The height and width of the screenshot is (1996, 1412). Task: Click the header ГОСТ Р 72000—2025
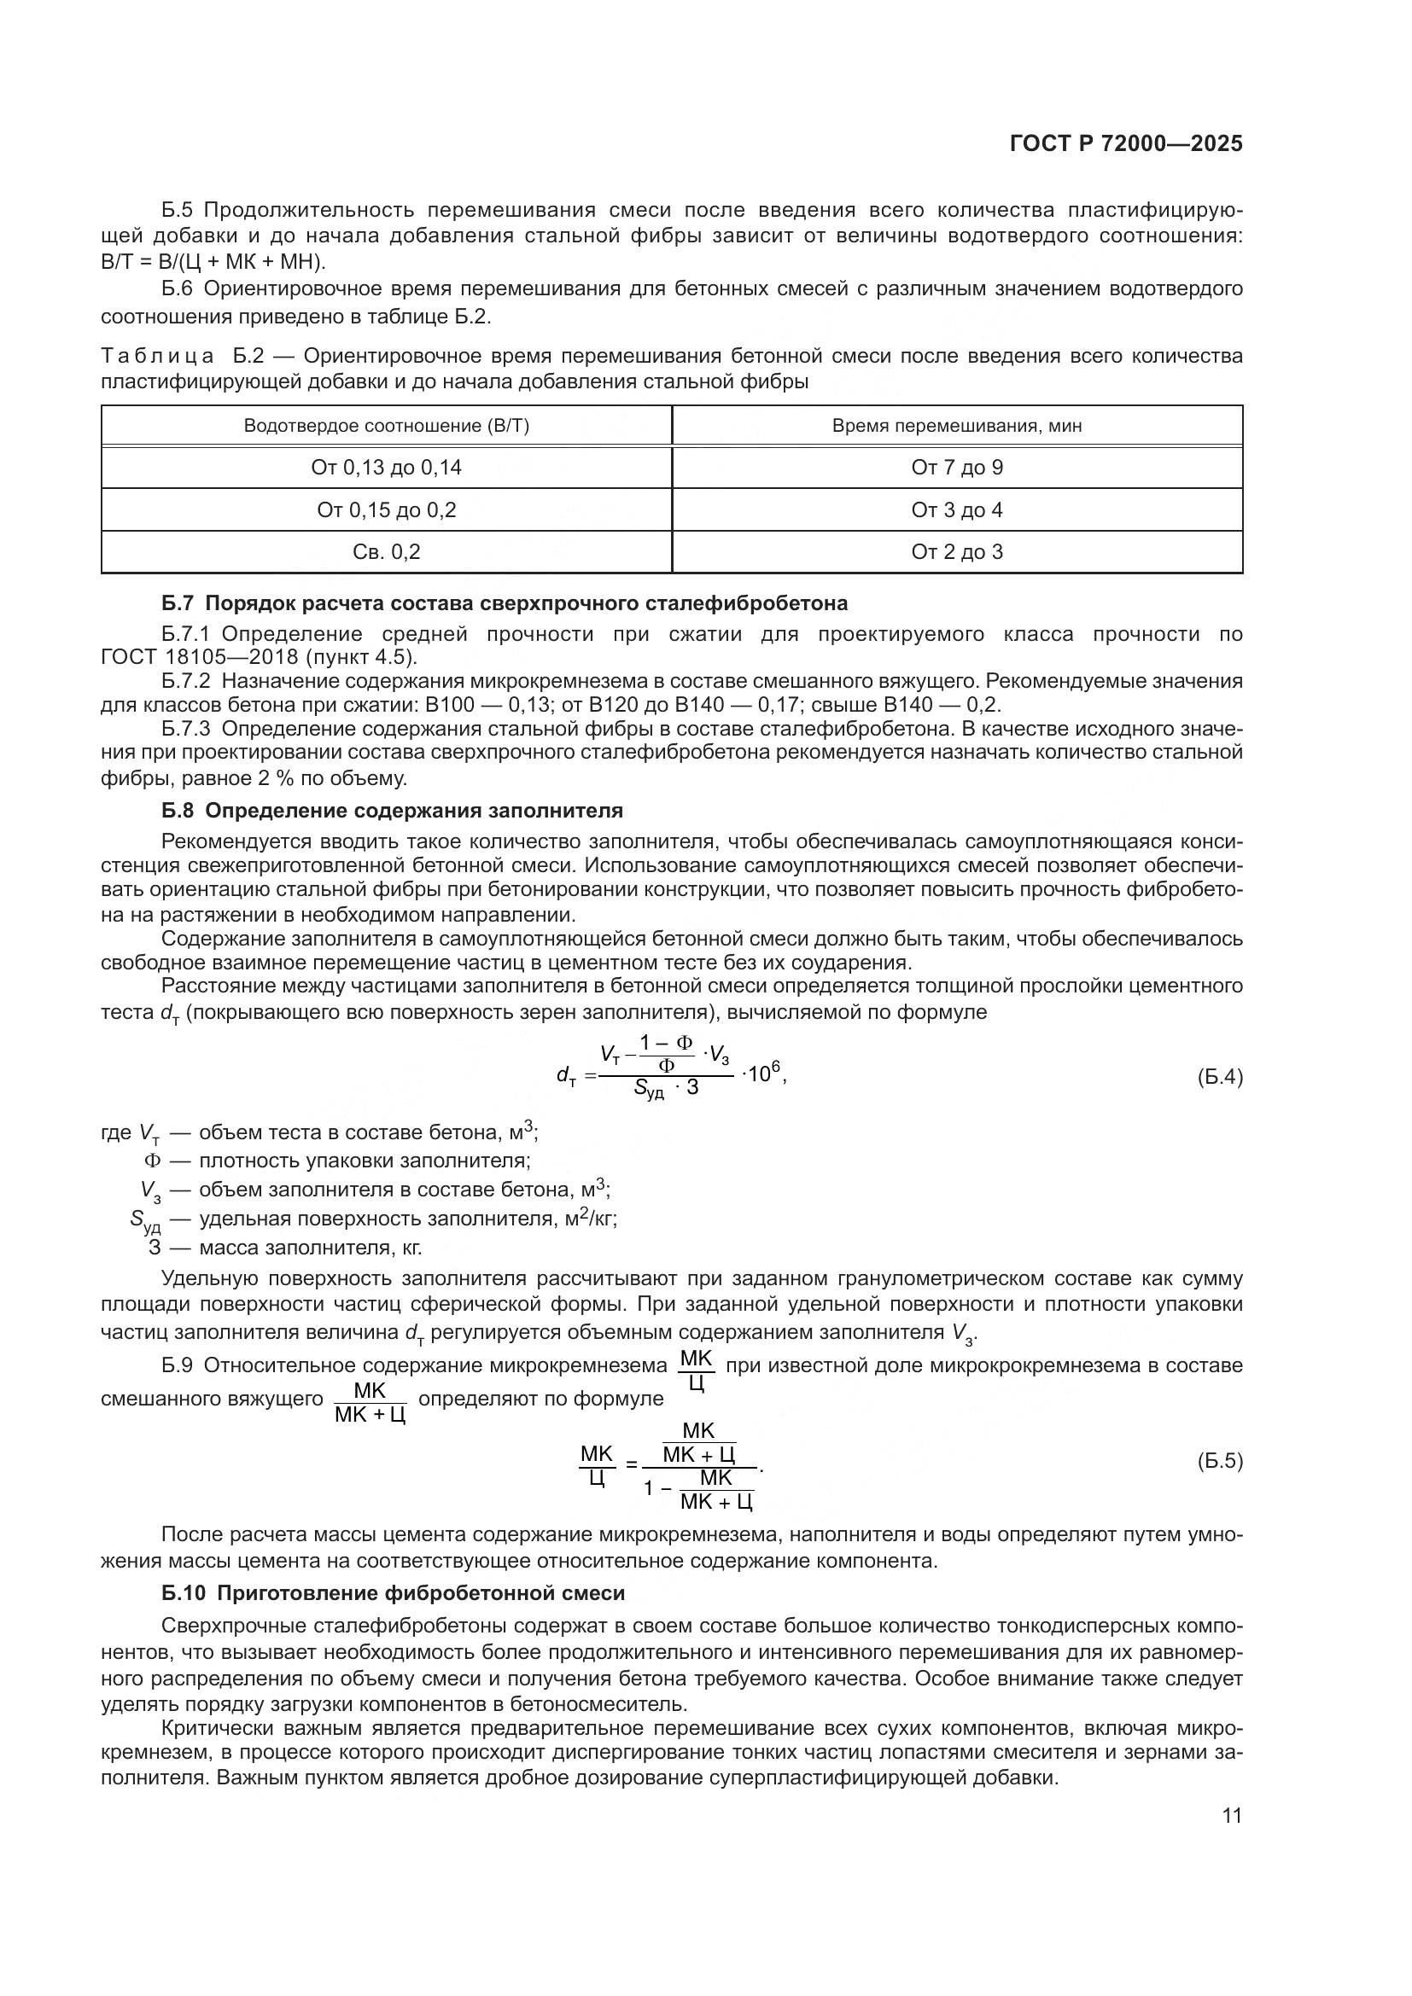coord(1126,144)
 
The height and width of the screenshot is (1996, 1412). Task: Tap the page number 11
coord(1232,1815)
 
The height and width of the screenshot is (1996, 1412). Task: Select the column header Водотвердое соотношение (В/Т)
coord(386,426)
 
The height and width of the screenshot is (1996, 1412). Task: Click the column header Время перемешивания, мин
coord(956,426)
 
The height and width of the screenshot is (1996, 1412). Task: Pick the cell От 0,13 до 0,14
coord(386,468)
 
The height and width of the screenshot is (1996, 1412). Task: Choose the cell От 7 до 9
coord(956,468)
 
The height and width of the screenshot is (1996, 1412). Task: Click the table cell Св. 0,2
coord(386,552)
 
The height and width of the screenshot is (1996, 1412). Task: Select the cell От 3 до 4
coord(956,510)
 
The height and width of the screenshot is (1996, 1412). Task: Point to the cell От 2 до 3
coord(956,552)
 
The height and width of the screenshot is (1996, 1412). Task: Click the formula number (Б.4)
coord(1220,1078)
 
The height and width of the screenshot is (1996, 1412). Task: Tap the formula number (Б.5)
coord(1220,1461)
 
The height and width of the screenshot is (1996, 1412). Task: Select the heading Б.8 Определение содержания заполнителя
coord(392,810)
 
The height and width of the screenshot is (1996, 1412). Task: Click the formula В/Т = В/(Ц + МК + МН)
coord(213,262)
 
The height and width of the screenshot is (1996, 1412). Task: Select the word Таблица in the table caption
coord(157,356)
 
